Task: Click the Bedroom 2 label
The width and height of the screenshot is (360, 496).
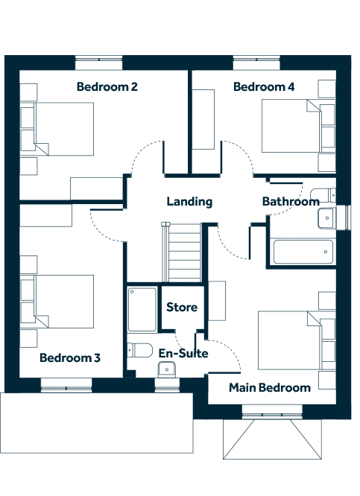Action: pyautogui.click(x=107, y=86)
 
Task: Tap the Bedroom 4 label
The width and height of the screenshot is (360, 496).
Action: pyautogui.click(x=264, y=86)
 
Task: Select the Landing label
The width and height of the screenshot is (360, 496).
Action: pyautogui.click(x=189, y=202)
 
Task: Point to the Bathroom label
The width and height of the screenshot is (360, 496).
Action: pyautogui.click(x=291, y=202)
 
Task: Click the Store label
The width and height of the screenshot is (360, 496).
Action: pyautogui.click(x=182, y=307)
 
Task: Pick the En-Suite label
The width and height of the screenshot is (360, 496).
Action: pyautogui.click(x=183, y=353)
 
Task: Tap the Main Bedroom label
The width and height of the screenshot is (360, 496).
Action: pyautogui.click(x=270, y=388)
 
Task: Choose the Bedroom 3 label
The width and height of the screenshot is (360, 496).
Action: pyautogui.click(x=70, y=357)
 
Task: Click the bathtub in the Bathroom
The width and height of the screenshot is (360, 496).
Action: pyautogui.click(x=303, y=252)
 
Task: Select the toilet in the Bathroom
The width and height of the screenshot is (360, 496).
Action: pyautogui.click(x=323, y=195)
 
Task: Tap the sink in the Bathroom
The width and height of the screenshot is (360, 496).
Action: pyautogui.click(x=326, y=218)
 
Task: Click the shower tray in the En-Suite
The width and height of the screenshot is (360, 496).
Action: pyautogui.click(x=142, y=309)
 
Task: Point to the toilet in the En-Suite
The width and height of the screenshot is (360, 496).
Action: pyautogui.click(x=139, y=350)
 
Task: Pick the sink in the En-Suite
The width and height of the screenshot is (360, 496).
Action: pyautogui.click(x=166, y=370)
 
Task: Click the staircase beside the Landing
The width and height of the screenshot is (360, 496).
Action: pyautogui.click(x=181, y=252)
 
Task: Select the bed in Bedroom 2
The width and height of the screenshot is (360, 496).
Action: pyautogui.click(x=57, y=129)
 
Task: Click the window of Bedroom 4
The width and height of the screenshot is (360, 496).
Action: pyautogui.click(x=256, y=63)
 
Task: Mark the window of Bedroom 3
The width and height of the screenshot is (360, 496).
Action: pyautogui.click(x=66, y=385)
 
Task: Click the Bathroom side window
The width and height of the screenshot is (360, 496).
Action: pyautogui.click(x=344, y=217)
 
